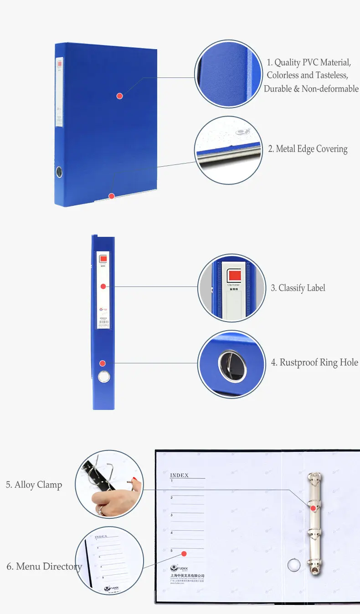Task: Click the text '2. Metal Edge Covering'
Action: coord(308,149)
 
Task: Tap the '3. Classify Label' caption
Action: coord(298,288)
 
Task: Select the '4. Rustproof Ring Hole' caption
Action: coord(314,363)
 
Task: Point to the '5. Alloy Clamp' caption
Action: coord(34,485)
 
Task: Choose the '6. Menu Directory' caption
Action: coord(44,567)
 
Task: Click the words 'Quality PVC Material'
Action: coord(313,63)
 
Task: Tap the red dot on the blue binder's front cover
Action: coord(119,96)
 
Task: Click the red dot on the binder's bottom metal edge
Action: coord(111,196)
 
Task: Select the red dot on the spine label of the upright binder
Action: coord(103,286)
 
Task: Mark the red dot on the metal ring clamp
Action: coord(314,507)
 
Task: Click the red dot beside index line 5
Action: coord(184,553)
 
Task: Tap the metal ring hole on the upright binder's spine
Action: coord(104,376)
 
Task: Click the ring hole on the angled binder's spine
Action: coord(60,172)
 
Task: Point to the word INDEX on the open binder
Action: coord(179,476)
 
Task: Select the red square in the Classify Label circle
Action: coord(234,275)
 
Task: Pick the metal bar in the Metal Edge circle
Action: coord(228,155)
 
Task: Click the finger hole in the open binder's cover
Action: coord(294,565)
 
